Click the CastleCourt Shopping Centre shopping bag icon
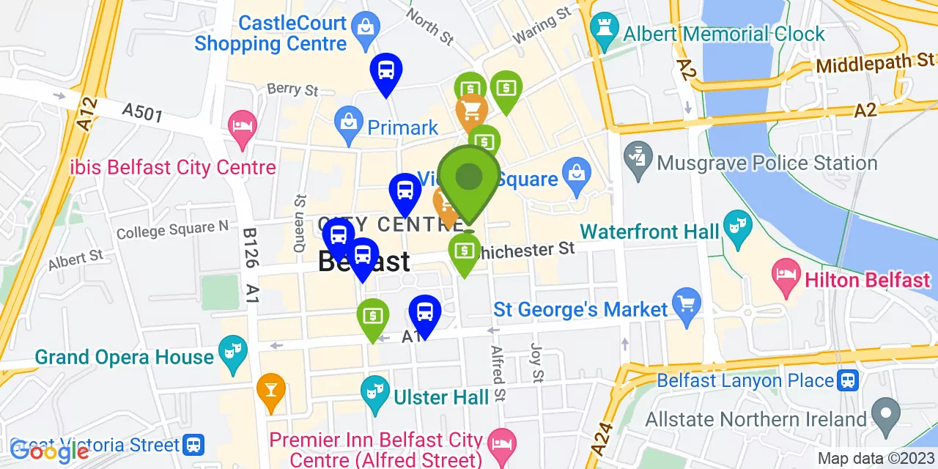coord(364,29)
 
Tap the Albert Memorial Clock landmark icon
coord(605,34)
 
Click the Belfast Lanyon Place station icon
coord(849,380)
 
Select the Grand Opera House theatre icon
coord(234,352)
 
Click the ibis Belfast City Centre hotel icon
coord(242,125)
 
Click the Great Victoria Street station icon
coord(193,444)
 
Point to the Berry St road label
coord(292,89)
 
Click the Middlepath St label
coord(875,64)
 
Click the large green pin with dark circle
coord(469,177)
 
